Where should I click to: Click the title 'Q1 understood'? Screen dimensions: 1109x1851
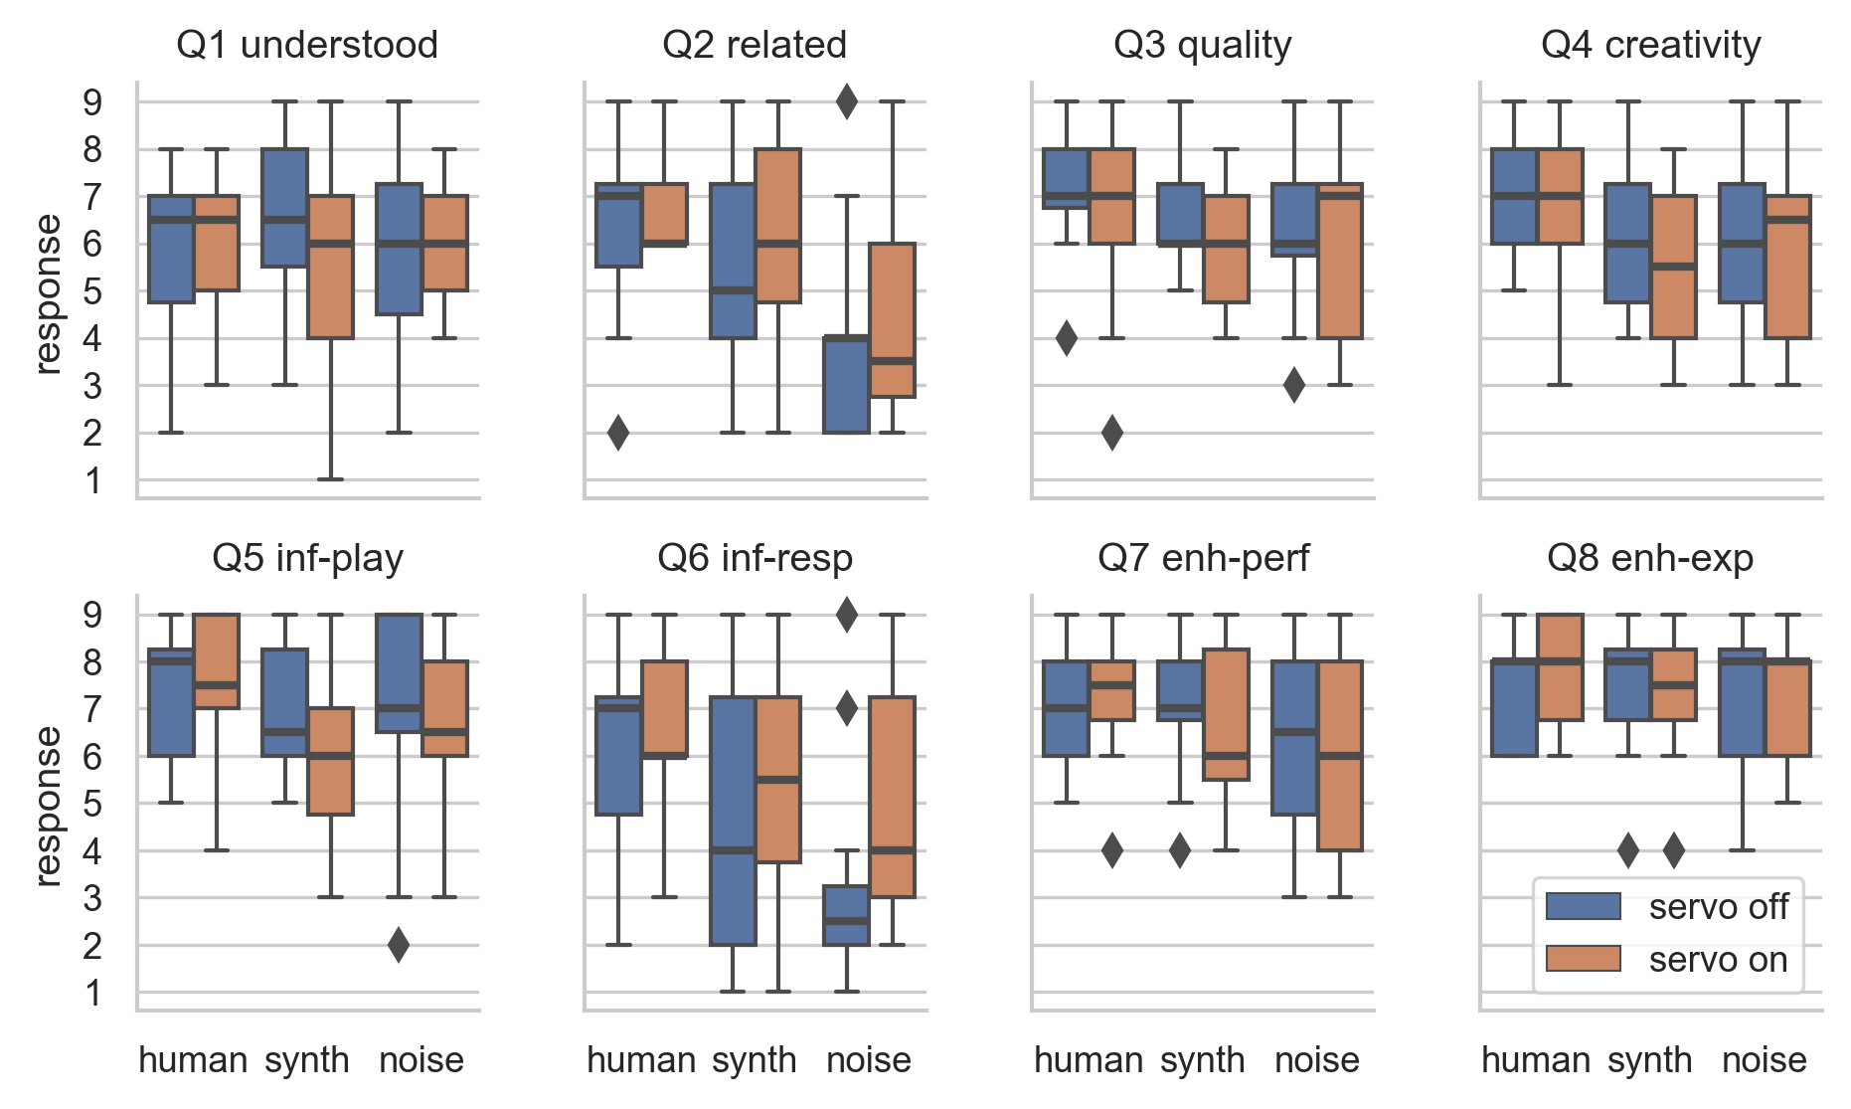click(x=307, y=46)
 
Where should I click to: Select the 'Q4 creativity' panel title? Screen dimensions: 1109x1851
click(x=1650, y=46)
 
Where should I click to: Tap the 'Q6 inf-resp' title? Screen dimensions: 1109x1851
click(x=755, y=559)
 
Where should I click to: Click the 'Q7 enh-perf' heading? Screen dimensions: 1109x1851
click(x=1203, y=559)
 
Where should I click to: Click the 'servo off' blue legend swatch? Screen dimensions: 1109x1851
click(x=1583, y=906)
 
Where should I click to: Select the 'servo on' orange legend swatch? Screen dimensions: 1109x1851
click(x=1583, y=959)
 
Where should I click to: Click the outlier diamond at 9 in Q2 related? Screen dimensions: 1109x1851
click(x=846, y=101)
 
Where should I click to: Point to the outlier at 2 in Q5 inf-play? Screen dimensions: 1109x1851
click(x=398, y=945)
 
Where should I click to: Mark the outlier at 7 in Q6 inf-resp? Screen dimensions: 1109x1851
click(x=846, y=709)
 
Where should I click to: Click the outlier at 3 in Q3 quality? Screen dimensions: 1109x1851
click(x=1293, y=385)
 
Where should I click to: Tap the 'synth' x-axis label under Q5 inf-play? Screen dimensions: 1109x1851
click(x=307, y=1060)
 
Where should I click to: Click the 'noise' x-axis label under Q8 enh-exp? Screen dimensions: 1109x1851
click(x=1764, y=1060)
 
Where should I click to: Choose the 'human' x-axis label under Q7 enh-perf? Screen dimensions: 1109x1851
click(x=1089, y=1060)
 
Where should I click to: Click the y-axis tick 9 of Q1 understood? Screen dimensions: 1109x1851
click(x=92, y=101)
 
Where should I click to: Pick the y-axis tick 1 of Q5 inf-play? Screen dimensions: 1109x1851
click(x=92, y=993)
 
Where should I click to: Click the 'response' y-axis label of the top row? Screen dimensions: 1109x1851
click(x=47, y=294)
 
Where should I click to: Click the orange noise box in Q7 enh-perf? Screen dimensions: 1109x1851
click(x=1340, y=756)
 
